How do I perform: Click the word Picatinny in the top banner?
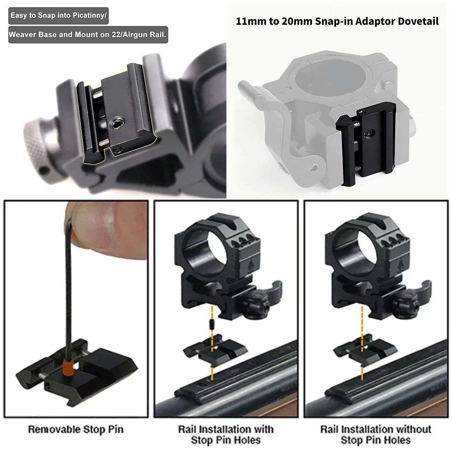[89, 16]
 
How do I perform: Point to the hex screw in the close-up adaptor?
[116, 124]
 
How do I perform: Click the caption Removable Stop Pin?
[76, 429]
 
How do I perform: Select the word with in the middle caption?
[263, 429]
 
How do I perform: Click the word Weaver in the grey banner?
[22, 35]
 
